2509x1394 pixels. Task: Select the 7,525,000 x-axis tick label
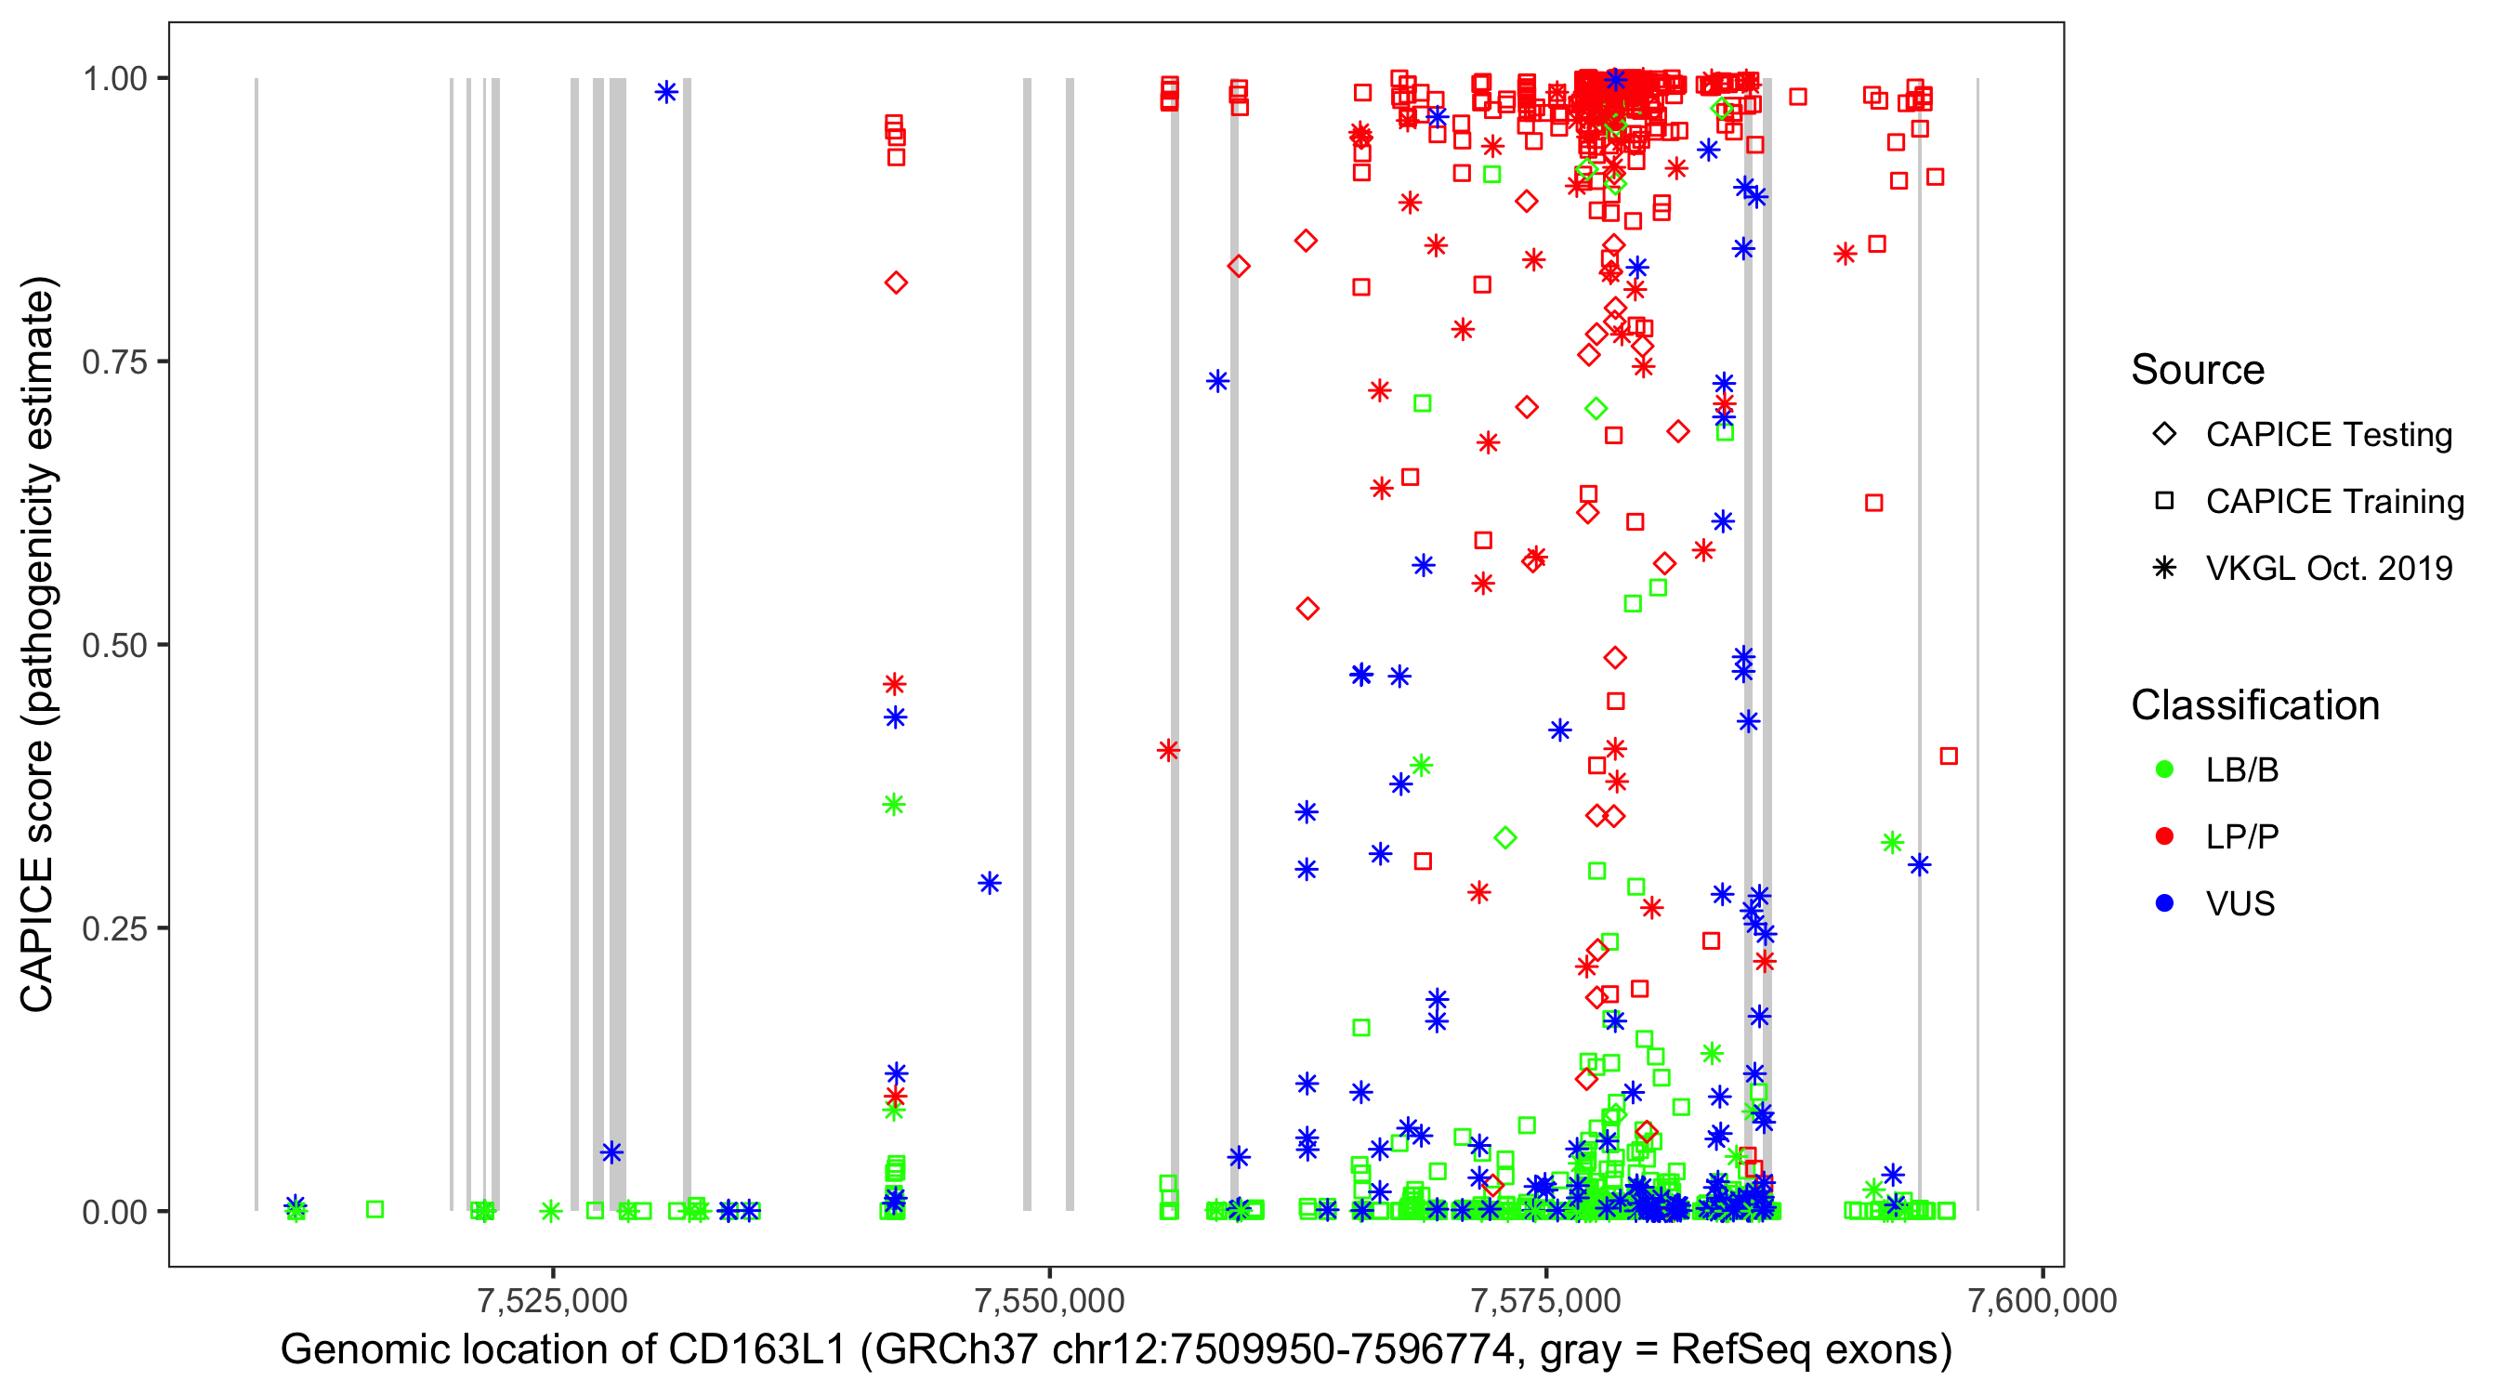(553, 1300)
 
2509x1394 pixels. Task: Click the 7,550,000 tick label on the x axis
(1050, 1300)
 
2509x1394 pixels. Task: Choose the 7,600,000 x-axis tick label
(2043, 1300)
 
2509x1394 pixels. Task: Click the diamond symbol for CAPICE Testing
(2164, 435)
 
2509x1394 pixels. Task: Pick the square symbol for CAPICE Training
(2164, 502)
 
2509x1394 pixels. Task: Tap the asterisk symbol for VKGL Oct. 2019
(2164, 568)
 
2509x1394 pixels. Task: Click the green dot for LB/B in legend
(2164, 770)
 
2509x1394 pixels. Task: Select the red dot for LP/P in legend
(2164, 836)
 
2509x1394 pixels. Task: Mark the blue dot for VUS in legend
(2164, 904)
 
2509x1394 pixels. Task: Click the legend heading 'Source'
(2198, 370)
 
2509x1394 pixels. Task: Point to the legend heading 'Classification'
(2254, 705)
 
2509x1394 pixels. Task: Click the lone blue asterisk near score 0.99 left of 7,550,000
(666, 93)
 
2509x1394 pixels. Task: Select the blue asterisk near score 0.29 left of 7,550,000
(990, 884)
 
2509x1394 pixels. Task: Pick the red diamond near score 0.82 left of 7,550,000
(896, 283)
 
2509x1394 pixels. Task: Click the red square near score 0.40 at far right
(1948, 756)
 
